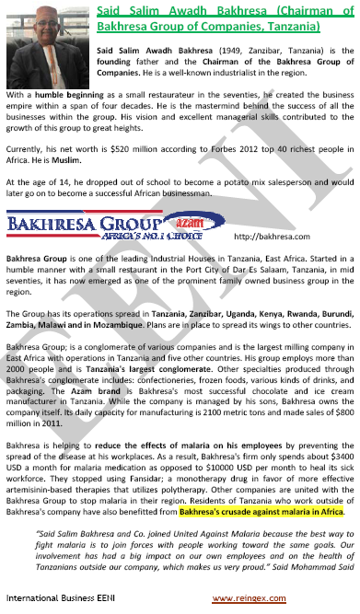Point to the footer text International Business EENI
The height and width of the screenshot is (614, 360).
click(58, 597)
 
